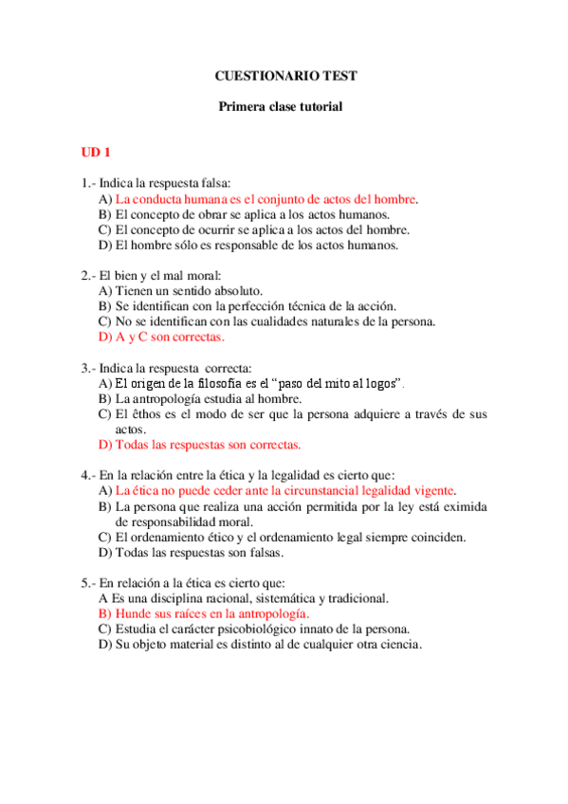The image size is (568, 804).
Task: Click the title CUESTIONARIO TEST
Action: click(285, 76)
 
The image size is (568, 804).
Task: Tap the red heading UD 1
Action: click(96, 152)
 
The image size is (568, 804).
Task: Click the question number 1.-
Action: click(88, 183)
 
